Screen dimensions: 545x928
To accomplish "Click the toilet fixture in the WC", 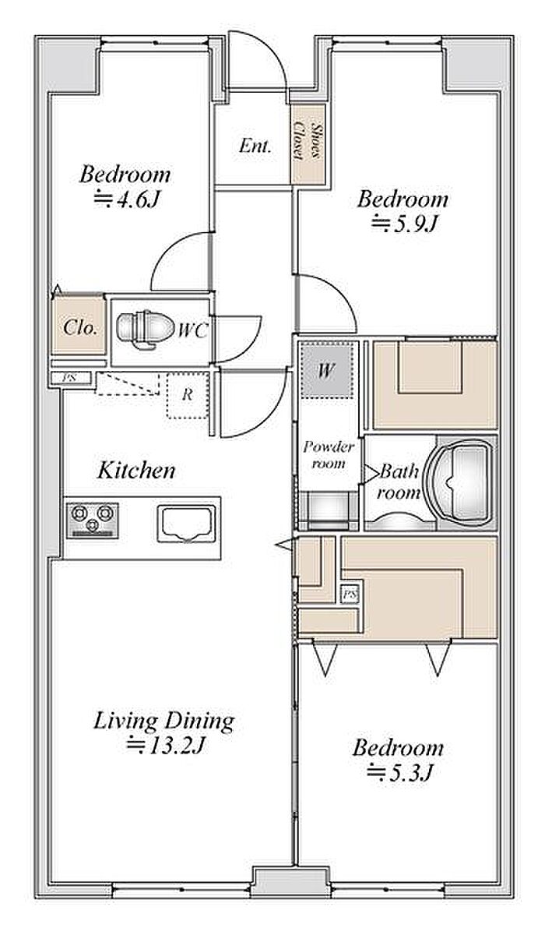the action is point(145,326).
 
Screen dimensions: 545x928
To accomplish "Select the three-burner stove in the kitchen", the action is point(93,520).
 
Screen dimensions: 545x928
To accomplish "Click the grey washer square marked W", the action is point(326,371).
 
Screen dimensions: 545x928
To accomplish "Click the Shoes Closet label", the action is point(308,143).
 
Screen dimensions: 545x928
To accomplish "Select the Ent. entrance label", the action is point(255,146).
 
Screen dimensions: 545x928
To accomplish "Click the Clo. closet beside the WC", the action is point(79,327).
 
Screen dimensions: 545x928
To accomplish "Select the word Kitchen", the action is point(136,471).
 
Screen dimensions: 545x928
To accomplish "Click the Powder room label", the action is point(329,455).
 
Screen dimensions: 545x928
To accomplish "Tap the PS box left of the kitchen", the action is point(70,378).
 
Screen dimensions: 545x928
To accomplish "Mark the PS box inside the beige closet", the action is point(350,595).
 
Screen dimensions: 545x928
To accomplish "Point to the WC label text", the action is point(193,330).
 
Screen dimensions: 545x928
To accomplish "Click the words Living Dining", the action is point(164,722).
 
